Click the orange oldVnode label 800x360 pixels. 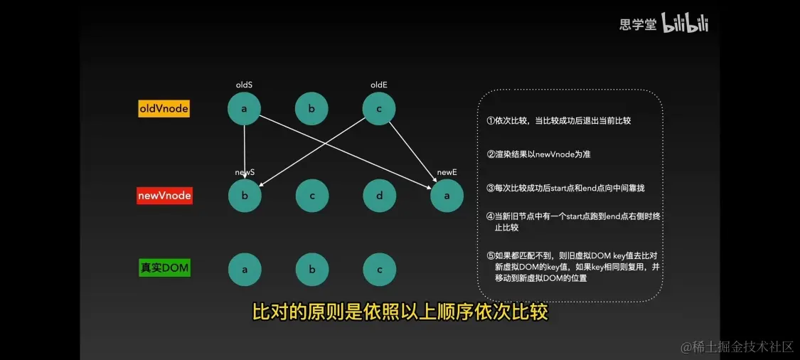point(164,109)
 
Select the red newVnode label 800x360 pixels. point(164,196)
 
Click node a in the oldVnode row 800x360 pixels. point(244,109)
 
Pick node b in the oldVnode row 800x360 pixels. point(311,109)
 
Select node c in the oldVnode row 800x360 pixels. point(379,109)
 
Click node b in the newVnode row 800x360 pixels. point(245,196)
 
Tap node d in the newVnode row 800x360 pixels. point(380,196)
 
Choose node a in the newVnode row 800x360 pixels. point(447,196)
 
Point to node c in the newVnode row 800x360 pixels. point(312,196)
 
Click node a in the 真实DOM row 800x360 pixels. point(245,269)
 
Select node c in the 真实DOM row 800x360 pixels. point(380,269)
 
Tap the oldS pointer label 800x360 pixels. point(243,85)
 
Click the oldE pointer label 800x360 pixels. point(379,85)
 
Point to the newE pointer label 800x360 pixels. point(447,173)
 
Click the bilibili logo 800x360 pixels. point(686,23)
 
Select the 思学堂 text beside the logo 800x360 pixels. point(638,24)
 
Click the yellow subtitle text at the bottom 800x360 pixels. point(400,312)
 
